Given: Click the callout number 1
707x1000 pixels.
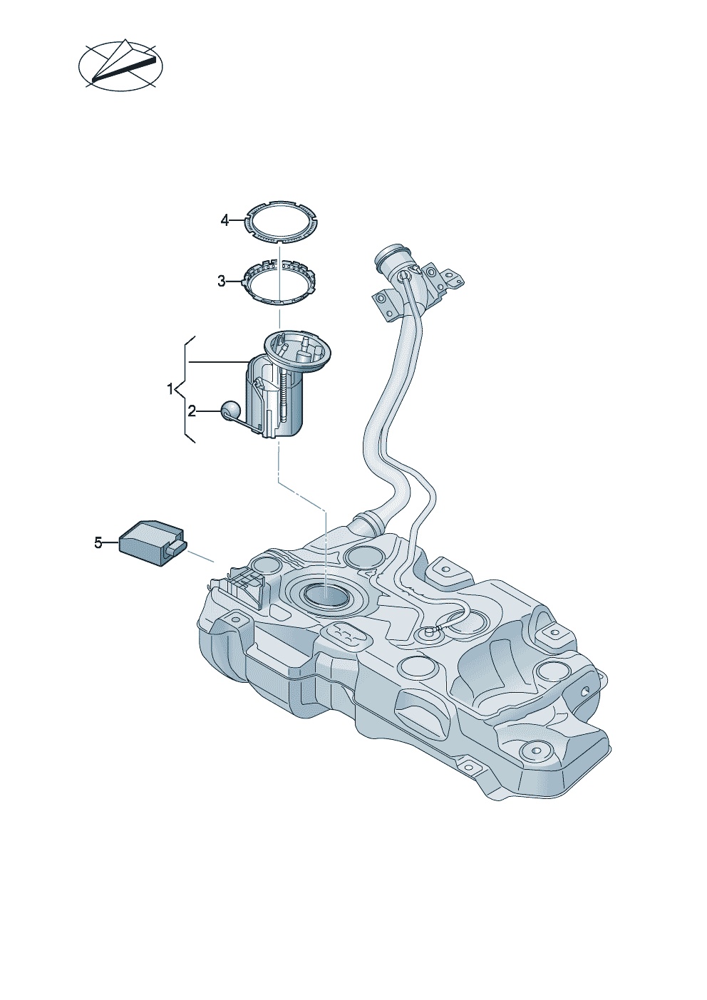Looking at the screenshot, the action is (x=170, y=389).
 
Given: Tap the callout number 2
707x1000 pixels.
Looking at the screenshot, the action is (x=192, y=411).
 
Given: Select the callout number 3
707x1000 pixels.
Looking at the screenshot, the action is (x=222, y=282).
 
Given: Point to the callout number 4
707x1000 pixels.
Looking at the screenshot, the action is (x=225, y=220).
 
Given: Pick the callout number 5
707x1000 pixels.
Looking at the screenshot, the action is (x=98, y=543).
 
